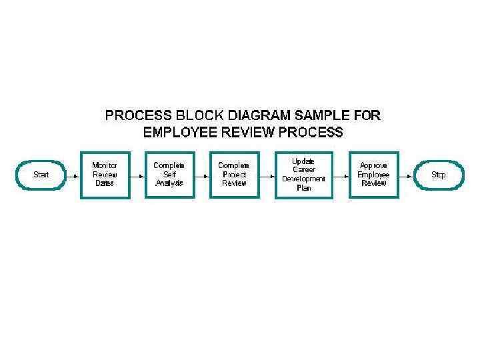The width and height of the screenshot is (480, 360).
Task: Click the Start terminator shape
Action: pos(41,175)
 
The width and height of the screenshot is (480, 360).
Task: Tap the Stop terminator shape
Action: pos(438,175)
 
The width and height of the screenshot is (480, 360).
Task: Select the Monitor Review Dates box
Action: pos(104,175)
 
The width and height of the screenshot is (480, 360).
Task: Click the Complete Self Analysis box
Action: pos(169,175)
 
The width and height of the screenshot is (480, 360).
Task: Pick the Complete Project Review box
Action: pos(234,175)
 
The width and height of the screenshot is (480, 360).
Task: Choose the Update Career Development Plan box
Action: pos(303,175)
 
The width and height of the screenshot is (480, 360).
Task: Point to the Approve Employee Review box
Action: pos(373,175)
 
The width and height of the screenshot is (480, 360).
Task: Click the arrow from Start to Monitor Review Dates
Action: pos(73,175)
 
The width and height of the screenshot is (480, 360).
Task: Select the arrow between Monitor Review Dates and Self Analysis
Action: pos(137,175)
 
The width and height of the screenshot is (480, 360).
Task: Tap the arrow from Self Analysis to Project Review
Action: pos(201,175)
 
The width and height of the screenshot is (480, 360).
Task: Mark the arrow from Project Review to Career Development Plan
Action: pos(267,175)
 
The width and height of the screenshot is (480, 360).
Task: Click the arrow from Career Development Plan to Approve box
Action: pos(339,175)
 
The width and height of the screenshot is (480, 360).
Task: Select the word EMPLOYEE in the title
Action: pos(180,132)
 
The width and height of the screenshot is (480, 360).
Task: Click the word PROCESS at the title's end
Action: pos(309,132)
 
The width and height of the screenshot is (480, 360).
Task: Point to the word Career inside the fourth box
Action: pos(303,170)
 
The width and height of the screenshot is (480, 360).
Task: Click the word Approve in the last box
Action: pos(373,165)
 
